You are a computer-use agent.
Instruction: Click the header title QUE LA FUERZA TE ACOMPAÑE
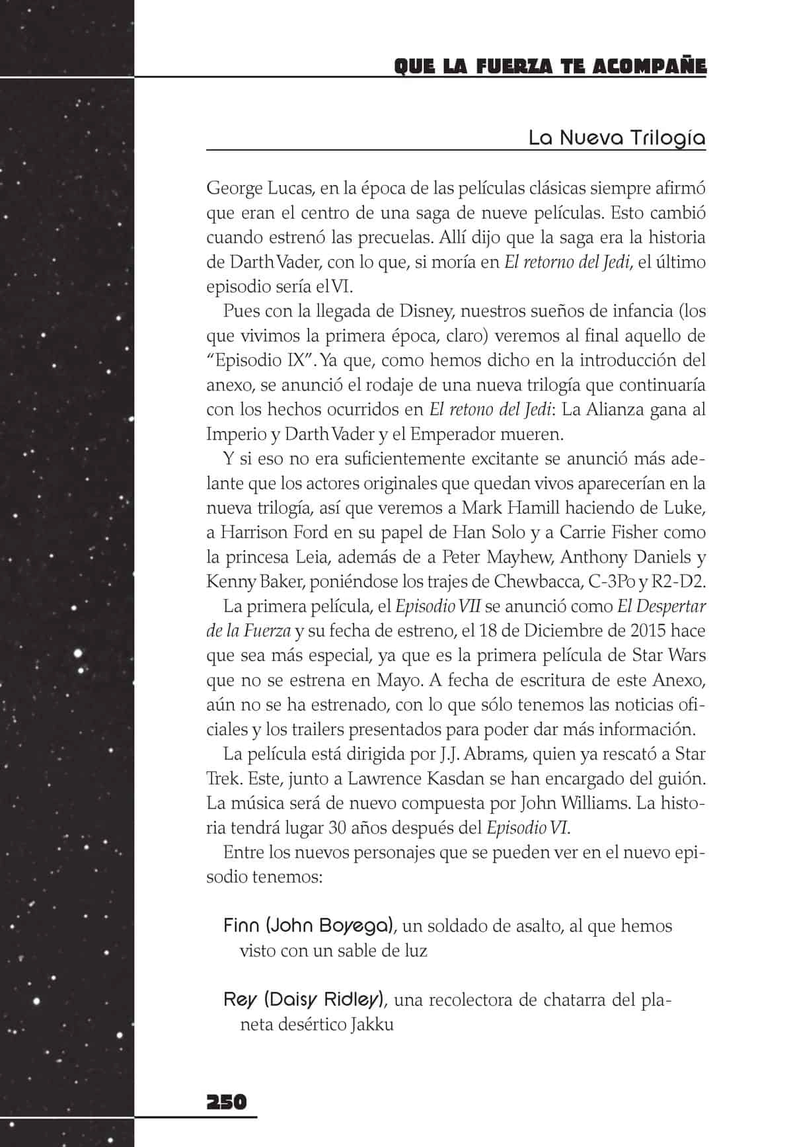[550, 67]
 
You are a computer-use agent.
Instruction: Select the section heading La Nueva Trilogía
[617, 138]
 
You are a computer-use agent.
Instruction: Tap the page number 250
[227, 1102]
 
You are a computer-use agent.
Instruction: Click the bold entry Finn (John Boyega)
[309, 926]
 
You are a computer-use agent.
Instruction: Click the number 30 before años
[336, 828]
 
